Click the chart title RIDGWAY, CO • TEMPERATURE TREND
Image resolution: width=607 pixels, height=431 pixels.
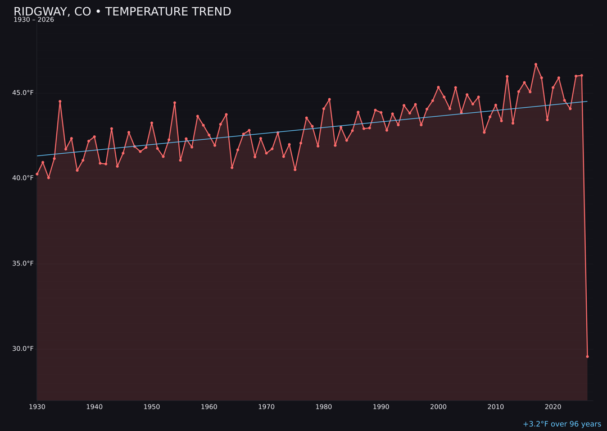point(122,12)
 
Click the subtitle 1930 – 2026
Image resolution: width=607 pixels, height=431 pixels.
point(34,20)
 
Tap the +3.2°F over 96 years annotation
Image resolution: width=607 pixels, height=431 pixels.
point(561,424)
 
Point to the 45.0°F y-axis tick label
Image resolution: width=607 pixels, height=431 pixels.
point(23,93)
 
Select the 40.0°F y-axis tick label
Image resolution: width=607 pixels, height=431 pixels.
point(23,178)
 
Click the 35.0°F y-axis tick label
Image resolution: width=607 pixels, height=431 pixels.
point(23,263)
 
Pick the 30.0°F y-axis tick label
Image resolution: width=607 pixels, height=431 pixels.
point(23,349)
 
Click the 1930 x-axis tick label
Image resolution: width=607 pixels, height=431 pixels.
point(37,407)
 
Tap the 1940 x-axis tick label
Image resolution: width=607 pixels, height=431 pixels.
point(94,407)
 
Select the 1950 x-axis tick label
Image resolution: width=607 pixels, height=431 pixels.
point(152,407)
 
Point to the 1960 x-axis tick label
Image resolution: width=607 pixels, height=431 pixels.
point(209,407)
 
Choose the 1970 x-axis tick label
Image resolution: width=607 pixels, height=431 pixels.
point(266,407)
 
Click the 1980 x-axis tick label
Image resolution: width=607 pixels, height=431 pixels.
point(324,407)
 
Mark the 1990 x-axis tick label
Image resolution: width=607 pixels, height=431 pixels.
point(381,407)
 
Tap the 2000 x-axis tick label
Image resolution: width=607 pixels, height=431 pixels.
point(438,407)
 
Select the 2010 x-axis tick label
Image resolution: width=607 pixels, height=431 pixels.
point(496,407)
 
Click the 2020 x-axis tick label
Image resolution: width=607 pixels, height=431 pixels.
point(553,407)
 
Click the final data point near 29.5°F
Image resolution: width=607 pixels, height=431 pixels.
point(587,356)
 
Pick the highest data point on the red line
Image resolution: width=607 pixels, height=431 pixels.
point(536,65)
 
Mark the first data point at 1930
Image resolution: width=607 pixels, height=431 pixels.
point(37,174)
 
